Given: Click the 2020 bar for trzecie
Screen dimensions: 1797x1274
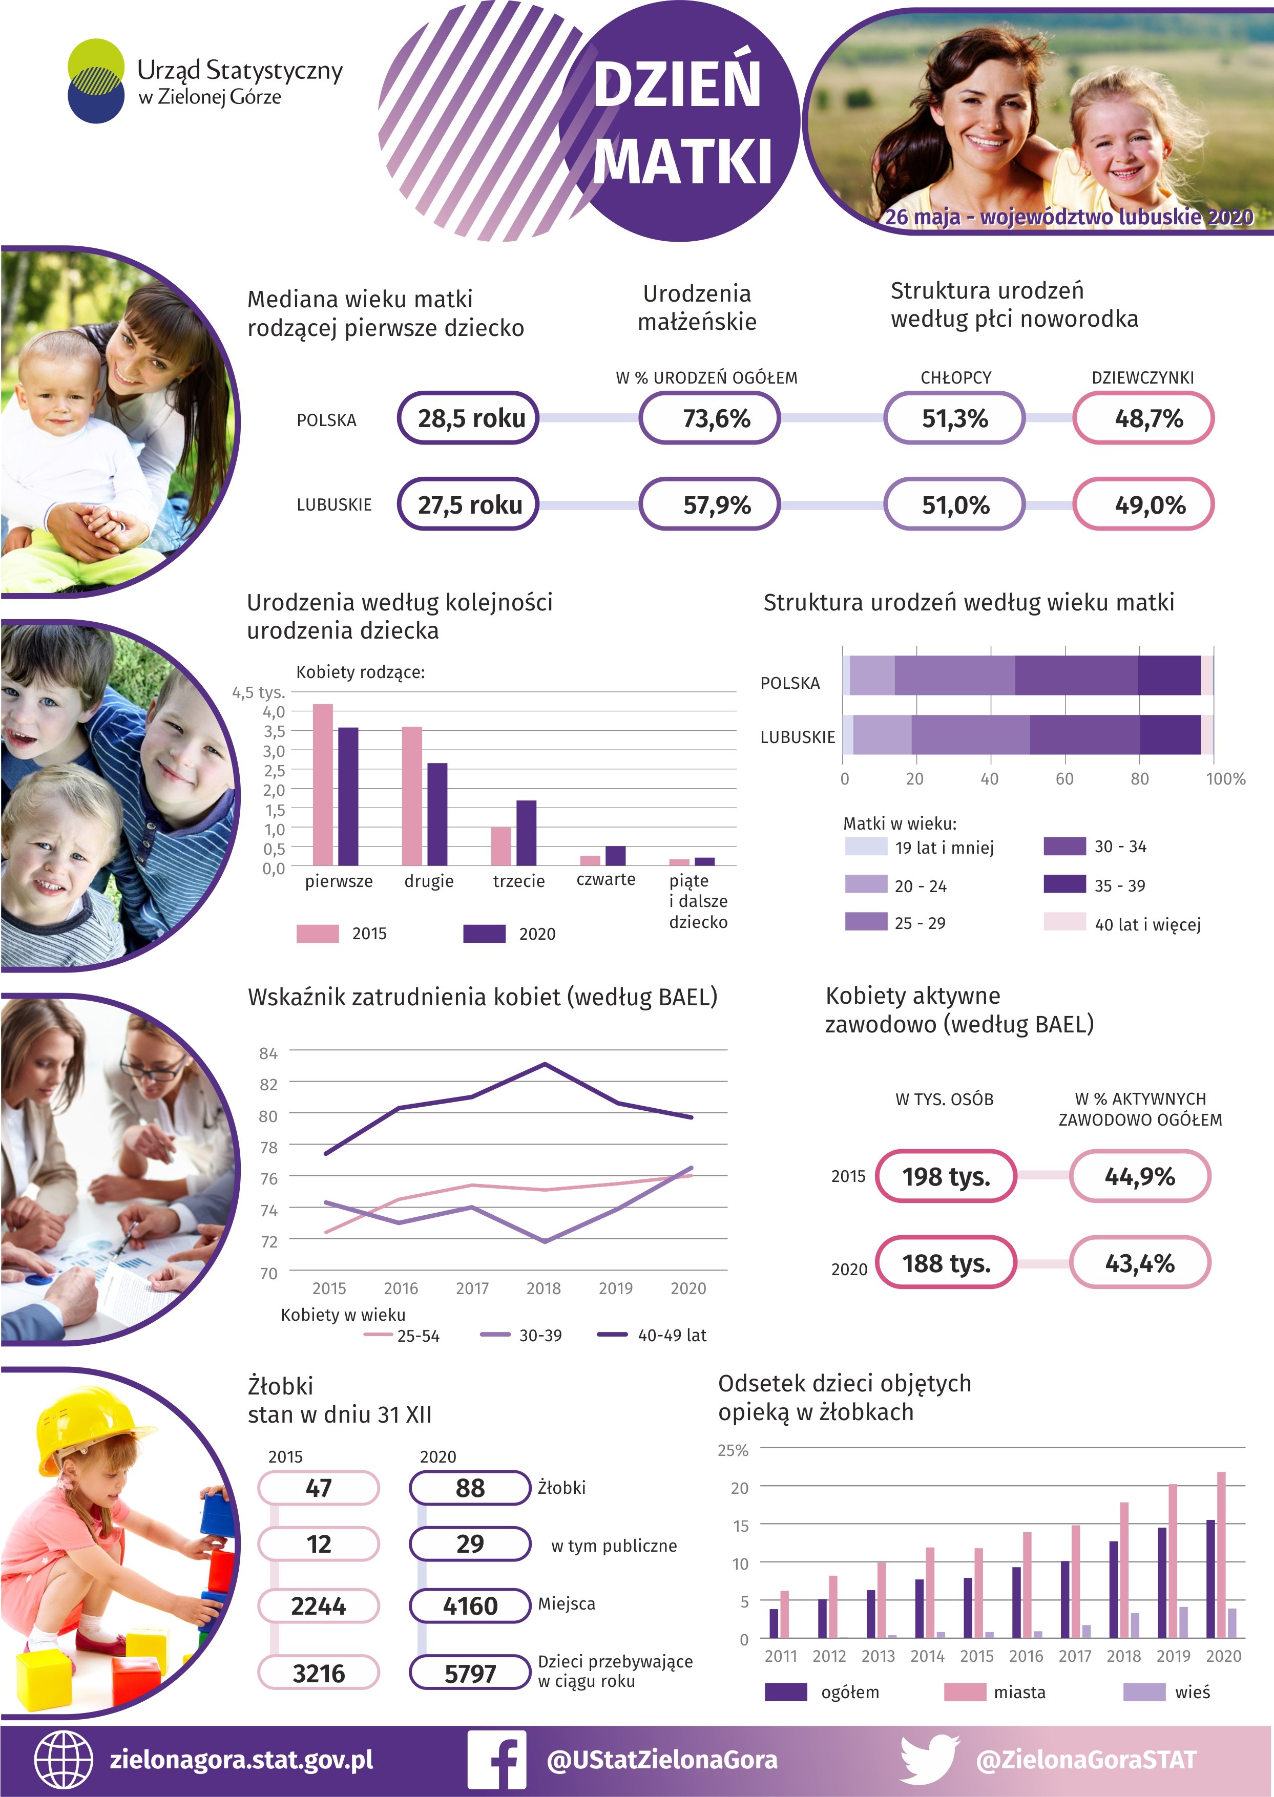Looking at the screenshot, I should [x=527, y=833].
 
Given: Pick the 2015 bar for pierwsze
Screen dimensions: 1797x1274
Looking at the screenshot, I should [x=322, y=784].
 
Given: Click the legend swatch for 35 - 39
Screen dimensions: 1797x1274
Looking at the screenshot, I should [x=1064, y=884].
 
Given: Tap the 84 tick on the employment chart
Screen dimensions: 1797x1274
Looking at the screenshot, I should [x=268, y=1053].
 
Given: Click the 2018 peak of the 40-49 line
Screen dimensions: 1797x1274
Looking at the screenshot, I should [x=545, y=1064].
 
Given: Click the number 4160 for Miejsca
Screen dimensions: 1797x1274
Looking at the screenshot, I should [x=469, y=1605].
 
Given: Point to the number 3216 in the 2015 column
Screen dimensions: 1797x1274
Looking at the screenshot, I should [x=319, y=1673].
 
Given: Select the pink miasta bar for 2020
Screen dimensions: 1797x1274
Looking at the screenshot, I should [x=1221, y=1555].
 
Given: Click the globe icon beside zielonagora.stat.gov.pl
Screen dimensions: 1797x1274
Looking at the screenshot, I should [x=64, y=1760].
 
